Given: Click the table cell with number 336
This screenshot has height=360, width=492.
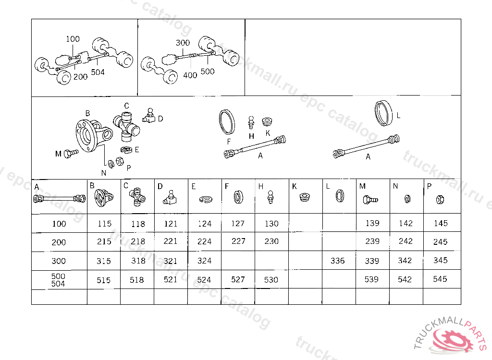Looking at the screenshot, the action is (x=338, y=261).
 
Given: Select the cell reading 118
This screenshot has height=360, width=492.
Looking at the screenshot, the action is (x=138, y=224).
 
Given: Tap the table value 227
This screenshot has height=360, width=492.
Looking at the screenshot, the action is (x=238, y=241).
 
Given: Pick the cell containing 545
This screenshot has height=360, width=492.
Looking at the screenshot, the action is (x=440, y=279).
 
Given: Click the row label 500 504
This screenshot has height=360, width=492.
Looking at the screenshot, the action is (x=58, y=280).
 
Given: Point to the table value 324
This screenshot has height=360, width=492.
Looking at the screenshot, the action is (x=204, y=261).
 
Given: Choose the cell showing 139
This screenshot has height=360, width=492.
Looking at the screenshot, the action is (x=372, y=223).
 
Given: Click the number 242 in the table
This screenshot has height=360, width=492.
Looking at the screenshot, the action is (x=406, y=241).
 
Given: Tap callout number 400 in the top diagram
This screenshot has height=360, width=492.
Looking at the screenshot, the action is (x=190, y=75).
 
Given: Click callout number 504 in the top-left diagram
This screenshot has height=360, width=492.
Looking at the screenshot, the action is (x=98, y=72).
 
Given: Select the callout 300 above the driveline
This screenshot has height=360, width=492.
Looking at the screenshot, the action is (x=183, y=43).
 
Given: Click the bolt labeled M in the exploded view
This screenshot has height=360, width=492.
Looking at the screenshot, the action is (x=71, y=154).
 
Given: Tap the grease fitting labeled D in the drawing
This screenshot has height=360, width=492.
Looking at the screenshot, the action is (x=149, y=116).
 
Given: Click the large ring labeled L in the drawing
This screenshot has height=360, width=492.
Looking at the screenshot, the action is (x=383, y=113).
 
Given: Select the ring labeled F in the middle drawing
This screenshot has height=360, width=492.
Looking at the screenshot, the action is (x=227, y=122).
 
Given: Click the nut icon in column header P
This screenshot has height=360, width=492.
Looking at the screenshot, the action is (x=440, y=199).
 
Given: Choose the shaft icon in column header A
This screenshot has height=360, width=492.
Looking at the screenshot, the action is (x=59, y=199).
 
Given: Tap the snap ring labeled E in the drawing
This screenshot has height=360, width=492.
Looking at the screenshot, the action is (x=126, y=150).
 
